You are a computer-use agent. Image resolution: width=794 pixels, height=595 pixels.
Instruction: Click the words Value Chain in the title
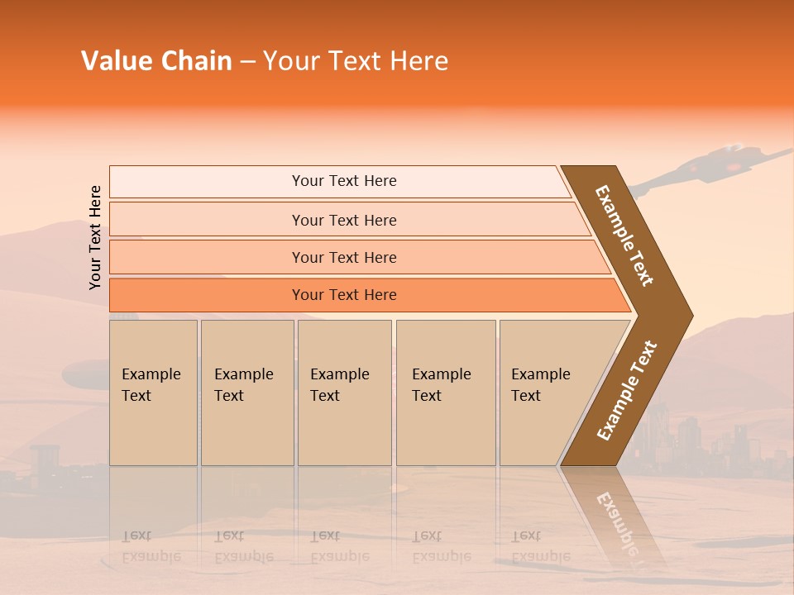click(156, 61)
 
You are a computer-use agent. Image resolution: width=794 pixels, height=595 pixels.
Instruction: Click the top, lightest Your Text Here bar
click(343, 181)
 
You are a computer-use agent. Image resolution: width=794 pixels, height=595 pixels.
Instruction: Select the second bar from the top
click(343, 220)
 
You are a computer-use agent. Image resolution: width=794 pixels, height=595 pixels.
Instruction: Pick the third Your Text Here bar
click(343, 257)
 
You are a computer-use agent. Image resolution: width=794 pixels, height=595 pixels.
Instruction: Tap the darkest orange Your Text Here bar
click(343, 295)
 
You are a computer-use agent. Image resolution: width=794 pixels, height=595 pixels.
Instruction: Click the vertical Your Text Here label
click(95, 237)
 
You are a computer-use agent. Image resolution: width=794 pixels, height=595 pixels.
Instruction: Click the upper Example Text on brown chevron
click(624, 236)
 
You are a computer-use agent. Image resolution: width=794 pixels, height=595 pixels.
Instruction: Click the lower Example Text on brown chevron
click(626, 391)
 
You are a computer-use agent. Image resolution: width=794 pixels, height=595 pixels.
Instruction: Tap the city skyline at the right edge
click(728, 446)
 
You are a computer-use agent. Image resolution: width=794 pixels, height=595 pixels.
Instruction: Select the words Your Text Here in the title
click(356, 61)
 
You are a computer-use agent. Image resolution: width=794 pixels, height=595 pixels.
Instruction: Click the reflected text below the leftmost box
click(151, 546)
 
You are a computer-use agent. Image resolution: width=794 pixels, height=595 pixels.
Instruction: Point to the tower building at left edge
click(45, 463)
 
